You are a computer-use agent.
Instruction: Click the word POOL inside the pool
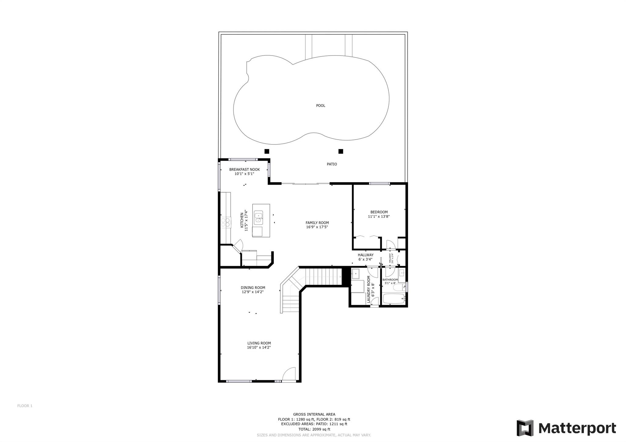pyautogui.click(x=321, y=106)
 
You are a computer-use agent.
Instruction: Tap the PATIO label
pyautogui.click(x=332, y=164)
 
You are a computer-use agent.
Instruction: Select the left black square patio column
pyautogui.click(x=267, y=151)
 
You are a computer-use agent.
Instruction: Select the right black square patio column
pyautogui.click(x=341, y=151)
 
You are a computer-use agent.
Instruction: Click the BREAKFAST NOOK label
pyautogui.click(x=245, y=170)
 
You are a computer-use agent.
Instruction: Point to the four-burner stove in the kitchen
pyautogui.click(x=226, y=222)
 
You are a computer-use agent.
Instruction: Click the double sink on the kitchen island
pyautogui.click(x=259, y=217)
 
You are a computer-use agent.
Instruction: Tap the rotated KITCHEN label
pyautogui.click(x=242, y=220)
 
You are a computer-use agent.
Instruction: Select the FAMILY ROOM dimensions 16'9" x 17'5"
pyautogui.click(x=317, y=227)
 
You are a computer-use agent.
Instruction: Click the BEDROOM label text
pyautogui.click(x=379, y=212)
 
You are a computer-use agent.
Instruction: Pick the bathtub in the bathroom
pyautogui.click(x=394, y=299)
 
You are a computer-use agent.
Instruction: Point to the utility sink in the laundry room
pyautogui.click(x=355, y=274)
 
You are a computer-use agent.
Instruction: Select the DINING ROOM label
pyautogui.click(x=253, y=288)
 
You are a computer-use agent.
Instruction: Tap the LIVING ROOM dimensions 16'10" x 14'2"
pyautogui.click(x=259, y=348)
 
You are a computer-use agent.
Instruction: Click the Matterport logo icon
pyautogui.click(x=525, y=428)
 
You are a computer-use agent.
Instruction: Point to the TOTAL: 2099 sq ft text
pyautogui.click(x=314, y=429)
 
